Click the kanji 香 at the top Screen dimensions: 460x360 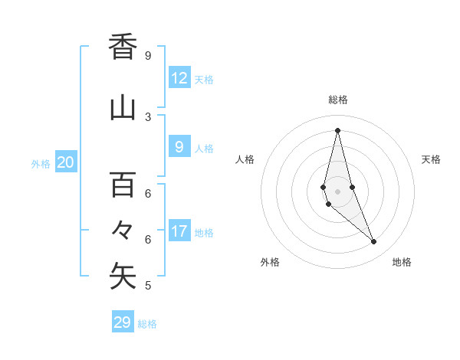(123, 47)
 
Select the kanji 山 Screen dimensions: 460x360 (123, 108)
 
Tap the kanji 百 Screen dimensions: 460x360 (123, 185)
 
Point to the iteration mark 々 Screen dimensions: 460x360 (123, 230)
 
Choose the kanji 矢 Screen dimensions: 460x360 (123, 277)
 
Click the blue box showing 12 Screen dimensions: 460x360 (179, 78)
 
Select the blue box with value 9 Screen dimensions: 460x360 (179, 147)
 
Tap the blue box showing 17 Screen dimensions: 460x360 (179, 231)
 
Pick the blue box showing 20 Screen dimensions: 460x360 (66, 162)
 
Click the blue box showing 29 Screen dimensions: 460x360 (123, 322)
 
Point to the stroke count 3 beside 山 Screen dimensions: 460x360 (148, 117)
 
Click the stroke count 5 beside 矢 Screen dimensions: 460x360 (148, 286)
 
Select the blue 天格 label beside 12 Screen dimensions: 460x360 (204, 79)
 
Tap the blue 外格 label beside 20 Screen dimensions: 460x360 (41, 163)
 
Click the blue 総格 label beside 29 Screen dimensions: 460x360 (147, 324)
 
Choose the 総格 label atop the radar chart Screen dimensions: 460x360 (338, 100)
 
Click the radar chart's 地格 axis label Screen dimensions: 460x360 (402, 262)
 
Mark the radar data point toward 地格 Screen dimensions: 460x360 (374, 242)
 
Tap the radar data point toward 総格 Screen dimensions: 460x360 (337, 130)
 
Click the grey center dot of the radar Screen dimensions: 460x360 (337, 191)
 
